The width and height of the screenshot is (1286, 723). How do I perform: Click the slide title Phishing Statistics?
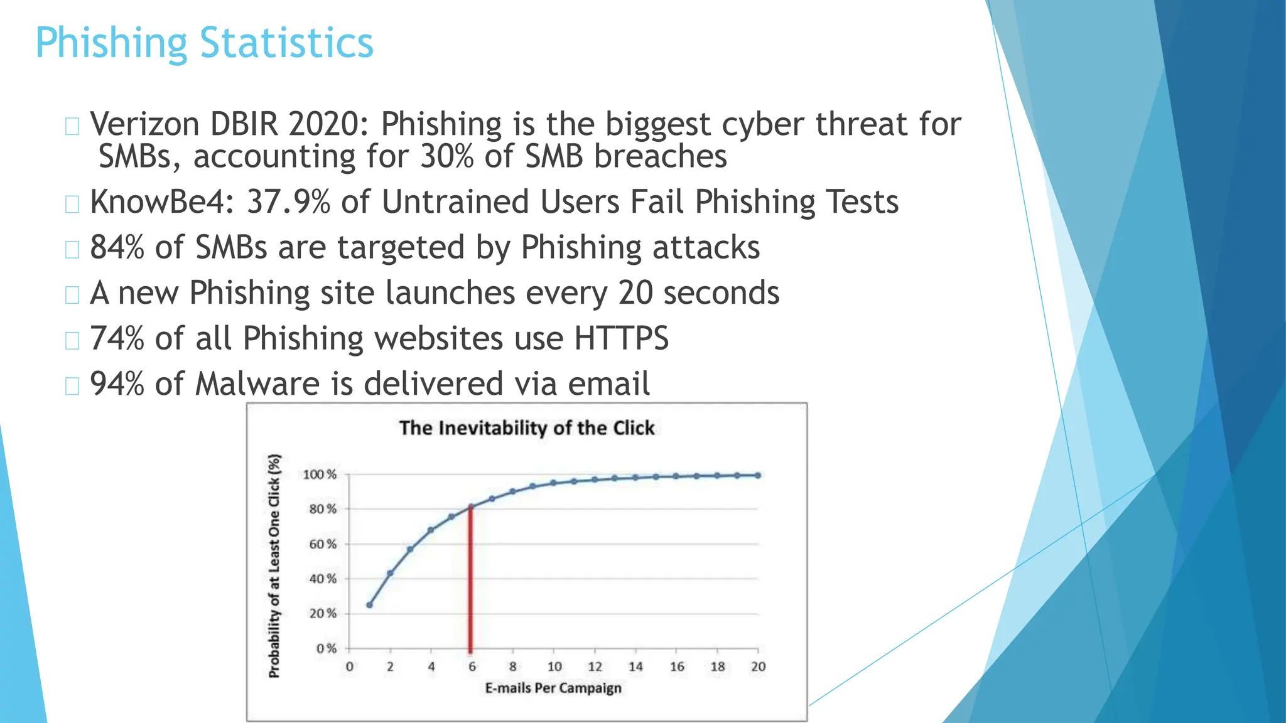(204, 43)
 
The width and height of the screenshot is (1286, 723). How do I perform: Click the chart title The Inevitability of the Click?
(527, 428)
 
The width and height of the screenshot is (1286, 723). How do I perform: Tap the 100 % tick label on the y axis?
(320, 474)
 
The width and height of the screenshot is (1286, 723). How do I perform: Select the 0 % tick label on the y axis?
(327, 648)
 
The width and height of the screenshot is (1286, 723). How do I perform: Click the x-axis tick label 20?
(758, 667)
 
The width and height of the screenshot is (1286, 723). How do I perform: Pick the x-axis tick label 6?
(472, 667)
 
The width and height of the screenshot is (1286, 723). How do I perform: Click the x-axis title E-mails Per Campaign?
(553, 688)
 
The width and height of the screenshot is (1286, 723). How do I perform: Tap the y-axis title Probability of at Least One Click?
(274, 565)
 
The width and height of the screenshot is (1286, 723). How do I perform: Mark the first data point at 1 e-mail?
(369, 605)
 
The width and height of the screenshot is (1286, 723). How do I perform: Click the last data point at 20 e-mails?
(758, 475)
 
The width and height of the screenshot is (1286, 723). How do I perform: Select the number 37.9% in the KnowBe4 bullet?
(288, 202)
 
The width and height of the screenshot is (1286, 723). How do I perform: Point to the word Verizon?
(144, 124)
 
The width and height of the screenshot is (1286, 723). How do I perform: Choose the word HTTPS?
(621, 338)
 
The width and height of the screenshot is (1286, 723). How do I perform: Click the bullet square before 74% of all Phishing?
(72, 340)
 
